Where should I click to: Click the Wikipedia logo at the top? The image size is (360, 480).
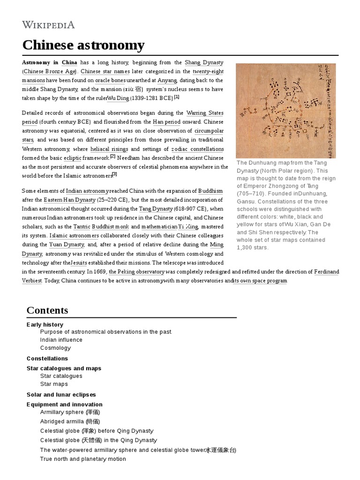click(49, 24)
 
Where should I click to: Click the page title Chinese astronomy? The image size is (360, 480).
click(83, 45)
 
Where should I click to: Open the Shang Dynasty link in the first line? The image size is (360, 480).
click(204, 62)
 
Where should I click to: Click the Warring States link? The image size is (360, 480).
click(205, 113)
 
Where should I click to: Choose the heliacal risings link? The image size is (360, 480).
click(109, 149)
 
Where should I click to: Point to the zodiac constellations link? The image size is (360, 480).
click(197, 149)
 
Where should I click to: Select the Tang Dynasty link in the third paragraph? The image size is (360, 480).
click(156, 209)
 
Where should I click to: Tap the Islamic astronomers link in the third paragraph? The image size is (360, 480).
click(74, 235)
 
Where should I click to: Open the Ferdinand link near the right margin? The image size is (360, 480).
click(326, 271)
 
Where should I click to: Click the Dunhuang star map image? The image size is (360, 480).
click(286, 111)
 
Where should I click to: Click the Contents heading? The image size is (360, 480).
click(47, 310)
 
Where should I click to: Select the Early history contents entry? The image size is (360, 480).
click(45, 324)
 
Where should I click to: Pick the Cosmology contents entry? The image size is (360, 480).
click(55, 348)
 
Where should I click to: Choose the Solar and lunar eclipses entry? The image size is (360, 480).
click(61, 395)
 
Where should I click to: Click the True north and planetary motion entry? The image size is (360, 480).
click(83, 459)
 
